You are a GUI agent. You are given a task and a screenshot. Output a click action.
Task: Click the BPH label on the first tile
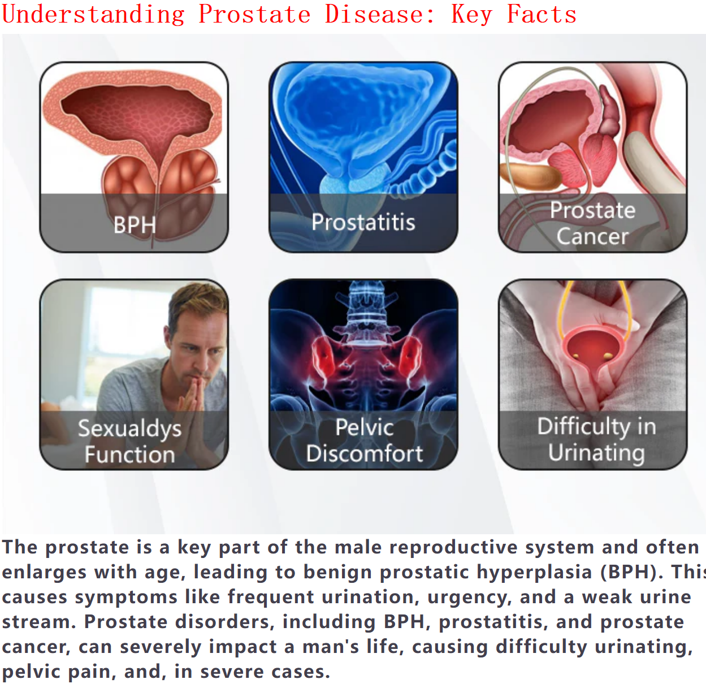pos(135,224)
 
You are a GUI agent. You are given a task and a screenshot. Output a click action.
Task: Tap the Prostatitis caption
pos(363,222)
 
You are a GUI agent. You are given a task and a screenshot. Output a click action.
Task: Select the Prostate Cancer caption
pos(592,223)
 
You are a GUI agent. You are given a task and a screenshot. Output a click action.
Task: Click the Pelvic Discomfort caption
pos(364,440)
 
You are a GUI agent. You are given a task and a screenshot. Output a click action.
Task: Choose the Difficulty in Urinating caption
pos(596,439)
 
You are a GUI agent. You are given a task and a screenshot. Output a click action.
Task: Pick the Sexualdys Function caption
pos(129,442)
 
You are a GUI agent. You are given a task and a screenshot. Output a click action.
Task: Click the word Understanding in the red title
pos(93,15)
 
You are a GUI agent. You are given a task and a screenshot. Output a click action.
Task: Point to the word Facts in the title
pos(542,15)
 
